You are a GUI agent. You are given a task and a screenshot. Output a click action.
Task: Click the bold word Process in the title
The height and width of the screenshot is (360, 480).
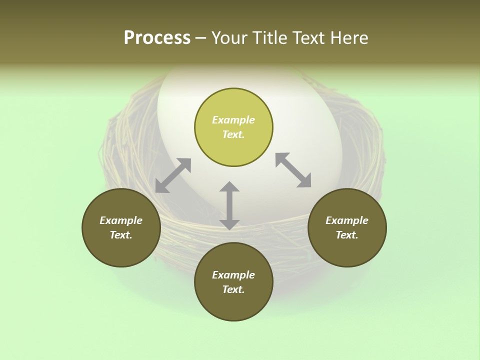[157, 38]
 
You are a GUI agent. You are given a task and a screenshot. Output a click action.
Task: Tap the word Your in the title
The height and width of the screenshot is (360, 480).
[229, 38]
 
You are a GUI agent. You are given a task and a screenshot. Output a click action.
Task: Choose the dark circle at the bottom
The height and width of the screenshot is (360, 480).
[233, 305]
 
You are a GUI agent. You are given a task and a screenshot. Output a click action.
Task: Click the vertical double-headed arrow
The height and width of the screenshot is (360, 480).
[229, 205]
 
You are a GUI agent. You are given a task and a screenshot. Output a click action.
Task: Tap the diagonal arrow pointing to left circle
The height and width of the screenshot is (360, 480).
[173, 175]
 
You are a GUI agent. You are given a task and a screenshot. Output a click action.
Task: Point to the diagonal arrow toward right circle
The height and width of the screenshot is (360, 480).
[293, 170]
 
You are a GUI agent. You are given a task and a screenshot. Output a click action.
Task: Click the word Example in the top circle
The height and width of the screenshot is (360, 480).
[233, 120]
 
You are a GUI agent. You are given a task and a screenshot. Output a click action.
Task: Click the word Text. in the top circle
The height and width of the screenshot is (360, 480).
[233, 134]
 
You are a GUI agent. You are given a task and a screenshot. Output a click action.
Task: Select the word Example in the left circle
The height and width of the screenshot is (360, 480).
[121, 220]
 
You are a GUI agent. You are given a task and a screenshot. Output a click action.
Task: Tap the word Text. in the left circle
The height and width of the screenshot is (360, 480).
[121, 235]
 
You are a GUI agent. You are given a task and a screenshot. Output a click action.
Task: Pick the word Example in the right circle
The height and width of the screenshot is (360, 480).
[347, 220]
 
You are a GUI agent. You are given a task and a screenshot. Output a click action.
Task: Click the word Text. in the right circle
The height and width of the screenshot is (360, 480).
[347, 235]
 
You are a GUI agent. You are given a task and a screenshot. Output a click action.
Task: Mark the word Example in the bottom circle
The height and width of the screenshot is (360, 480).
[233, 275]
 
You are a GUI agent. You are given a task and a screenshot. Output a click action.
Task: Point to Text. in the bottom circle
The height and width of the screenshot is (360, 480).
[233, 289]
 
